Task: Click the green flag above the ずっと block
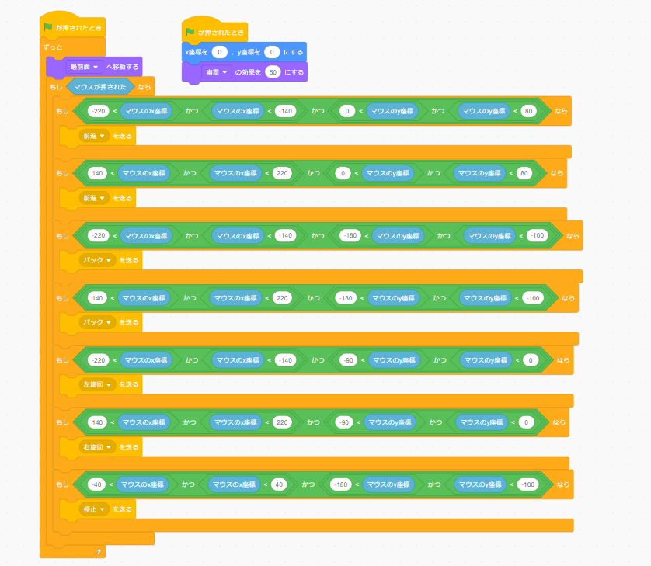[x=48, y=28]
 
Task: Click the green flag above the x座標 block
[x=190, y=32]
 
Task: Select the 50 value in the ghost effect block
[x=272, y=72]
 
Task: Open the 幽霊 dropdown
[x=216, y=72]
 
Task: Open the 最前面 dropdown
[x=83, y=67]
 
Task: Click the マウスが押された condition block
[x=101, y=86]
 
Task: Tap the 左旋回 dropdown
[x=98, y=384]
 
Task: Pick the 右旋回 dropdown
[x=98, y=447]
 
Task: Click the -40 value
[x=97, y=484]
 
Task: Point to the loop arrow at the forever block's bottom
[x=97, y=551]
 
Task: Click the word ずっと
[x=53, y=47]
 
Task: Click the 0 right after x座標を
[x=220, y=52]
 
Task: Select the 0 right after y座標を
[x=272, y=52]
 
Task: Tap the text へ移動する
[x=122, y=67]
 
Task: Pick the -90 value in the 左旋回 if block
[x=348, y=359]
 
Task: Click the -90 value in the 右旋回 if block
[x=345, y=422]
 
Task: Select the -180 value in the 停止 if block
[x=339, y=484]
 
